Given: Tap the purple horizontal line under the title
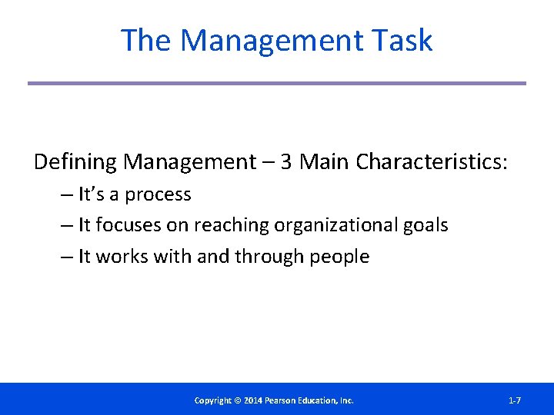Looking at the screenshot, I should pyautogui.click(x=277, y=83).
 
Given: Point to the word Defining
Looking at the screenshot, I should pyautogui.click(x=75, y=162).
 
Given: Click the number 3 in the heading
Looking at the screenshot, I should pyautogui.click(x=285, y=162).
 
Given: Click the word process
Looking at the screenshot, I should pyautogui.click(x=158, y=195).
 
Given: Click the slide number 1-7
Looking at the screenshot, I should pyautogui.click(x=515, y=400).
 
